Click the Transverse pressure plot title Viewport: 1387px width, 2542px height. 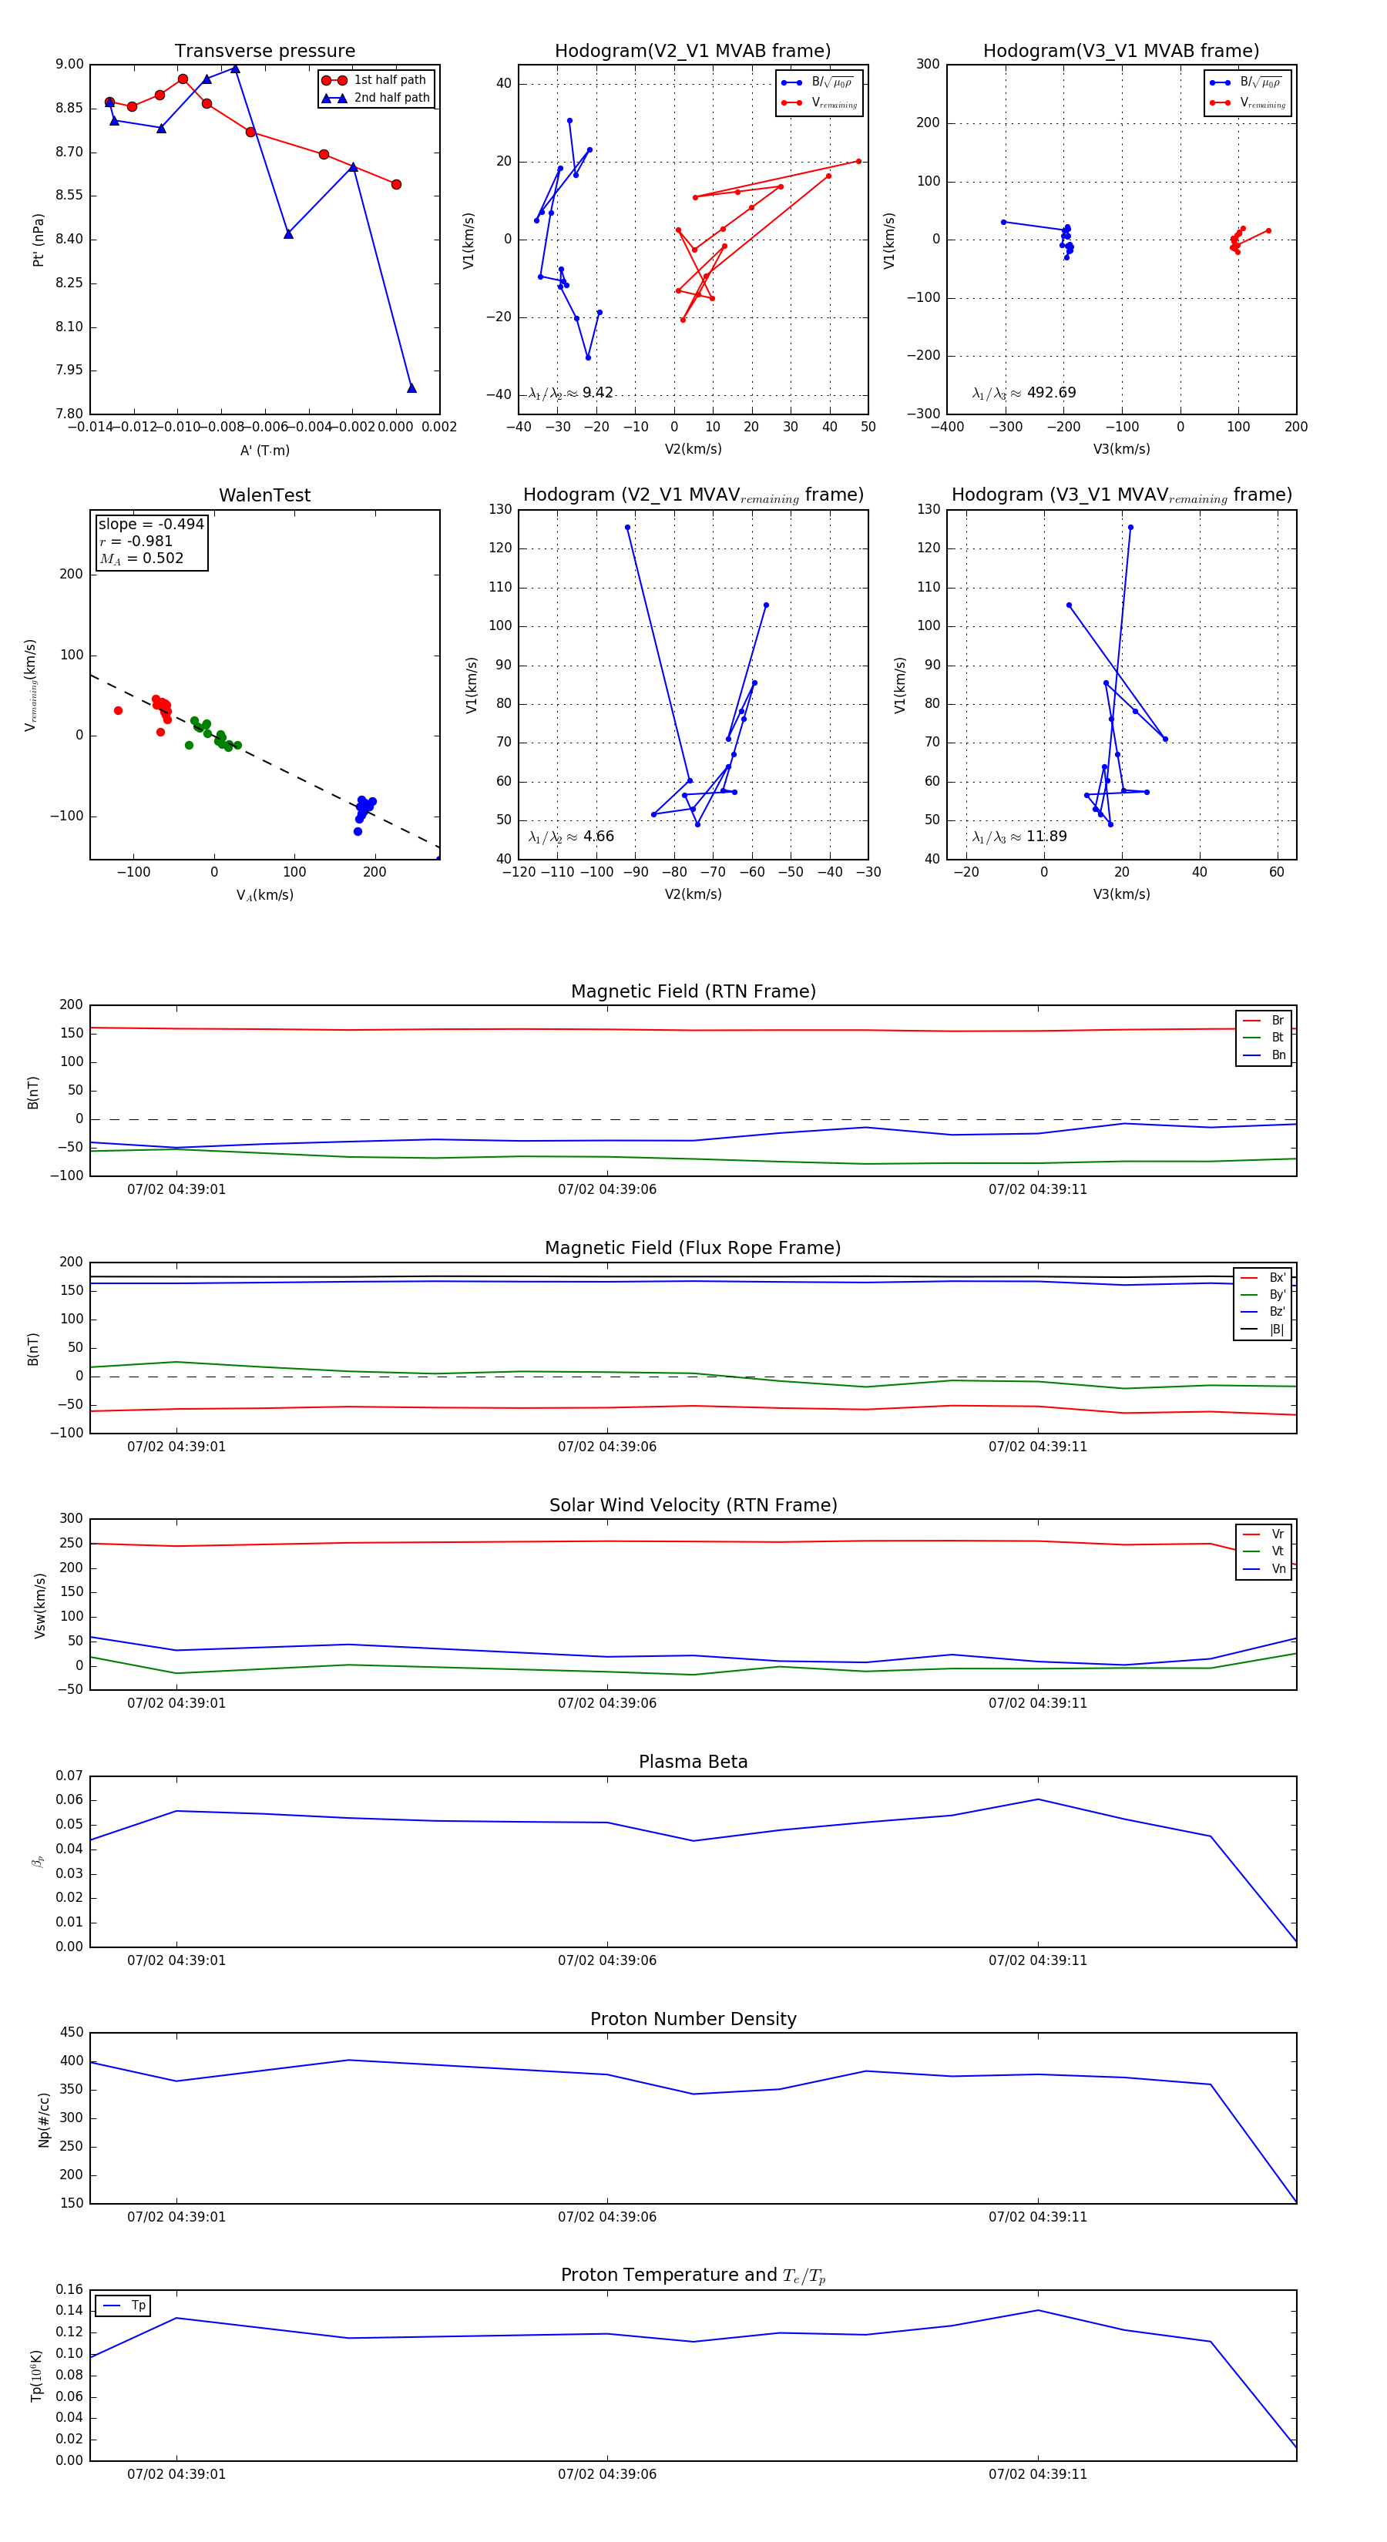coord(264,52)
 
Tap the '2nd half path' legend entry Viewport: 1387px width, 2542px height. coord(391,98)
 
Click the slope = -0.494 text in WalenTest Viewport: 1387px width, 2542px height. coord(151,524)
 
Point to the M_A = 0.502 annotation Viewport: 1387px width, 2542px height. coord(141,558)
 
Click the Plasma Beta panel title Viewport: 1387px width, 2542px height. coord(693,1762)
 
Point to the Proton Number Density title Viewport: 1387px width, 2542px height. coord(693,2018)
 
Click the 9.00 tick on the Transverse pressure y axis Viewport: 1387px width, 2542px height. coord(69,64)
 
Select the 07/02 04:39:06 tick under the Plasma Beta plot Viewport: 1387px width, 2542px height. coord(606,1960)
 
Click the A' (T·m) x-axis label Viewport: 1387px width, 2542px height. coord(264,450)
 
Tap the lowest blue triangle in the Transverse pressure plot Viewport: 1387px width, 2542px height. coord(411,387)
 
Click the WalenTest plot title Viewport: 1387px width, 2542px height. coord(264,495)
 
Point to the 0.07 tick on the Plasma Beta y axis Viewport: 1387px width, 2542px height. coord(69,1776)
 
